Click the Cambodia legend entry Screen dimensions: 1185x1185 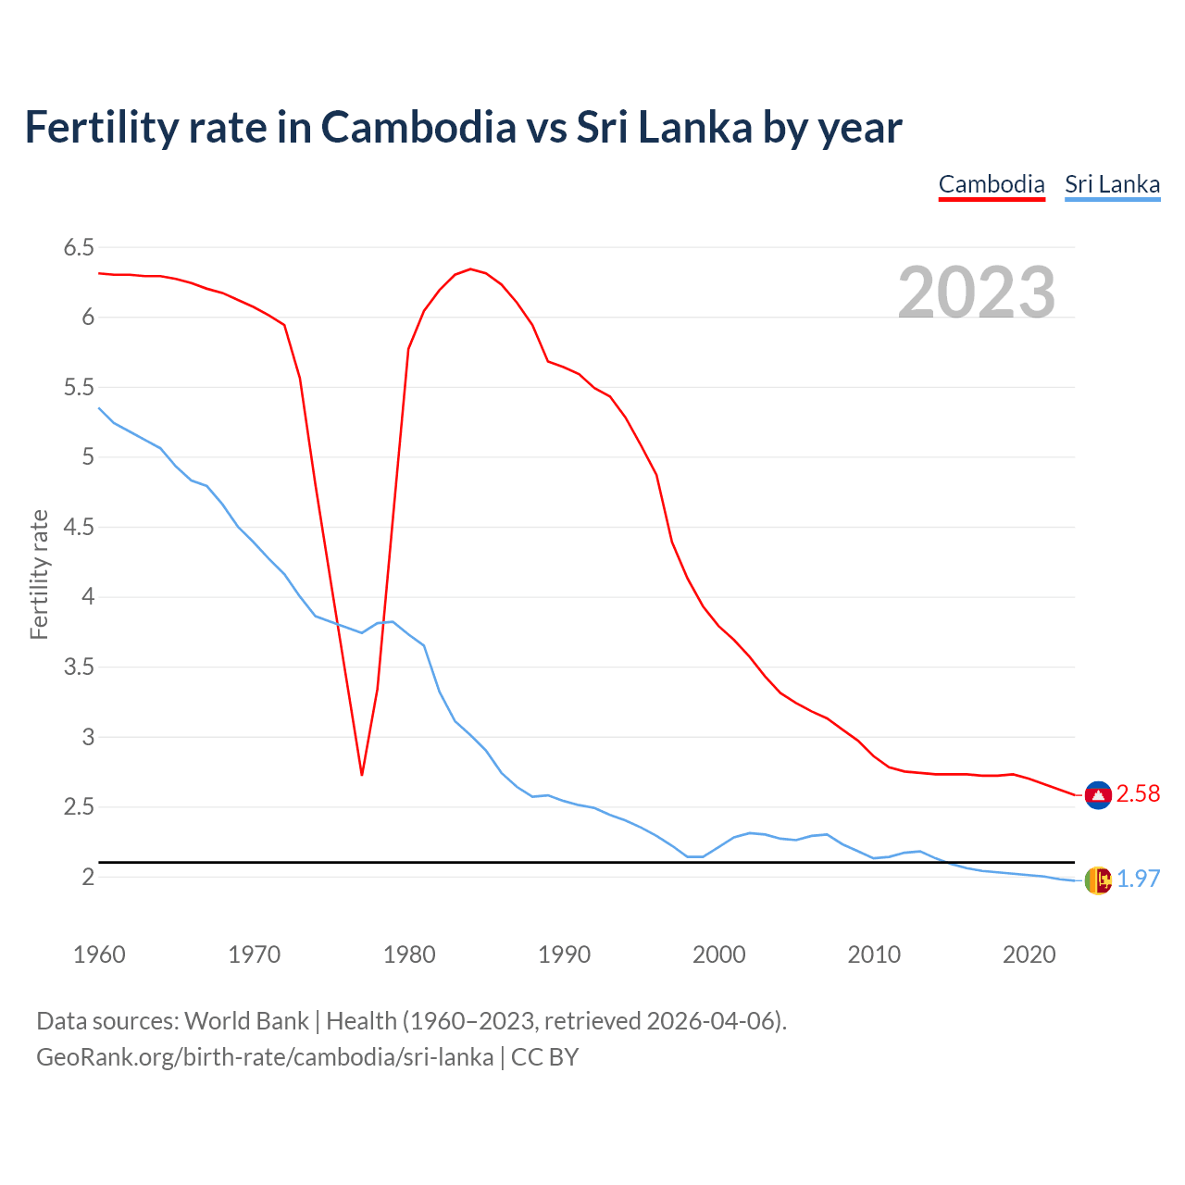tap(992, 184)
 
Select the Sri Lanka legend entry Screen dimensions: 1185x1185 tap(1112, 184)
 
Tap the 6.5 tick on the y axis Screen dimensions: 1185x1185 tap(79, 247)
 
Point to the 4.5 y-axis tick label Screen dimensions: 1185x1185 tap(79, 527)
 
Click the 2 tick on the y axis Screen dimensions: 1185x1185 tap(88, 877)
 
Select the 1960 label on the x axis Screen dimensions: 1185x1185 tap(99, 954)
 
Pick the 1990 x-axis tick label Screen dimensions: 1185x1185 tap(564, 954)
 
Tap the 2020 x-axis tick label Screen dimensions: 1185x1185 tap(1029, 954)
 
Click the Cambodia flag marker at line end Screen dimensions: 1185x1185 tap(1098, 794)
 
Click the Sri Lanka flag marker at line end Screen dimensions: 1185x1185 tap(1098, 879)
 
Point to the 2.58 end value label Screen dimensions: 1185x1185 tap(1138, 794)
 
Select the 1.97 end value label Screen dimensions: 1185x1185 tap(1138, 879)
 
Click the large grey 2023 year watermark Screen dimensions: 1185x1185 tap(976, 293)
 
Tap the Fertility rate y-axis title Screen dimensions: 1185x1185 tap(39, 574)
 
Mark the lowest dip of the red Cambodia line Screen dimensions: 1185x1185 tap(362, 774)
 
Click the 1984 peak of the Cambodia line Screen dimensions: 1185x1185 tap(470, 269)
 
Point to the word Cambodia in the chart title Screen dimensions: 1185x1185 tap(418, 127)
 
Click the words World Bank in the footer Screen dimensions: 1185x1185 tap(246, 1021)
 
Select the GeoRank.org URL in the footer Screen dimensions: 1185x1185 tap(265, 1057)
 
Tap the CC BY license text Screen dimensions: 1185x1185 tap(544, 1057)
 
